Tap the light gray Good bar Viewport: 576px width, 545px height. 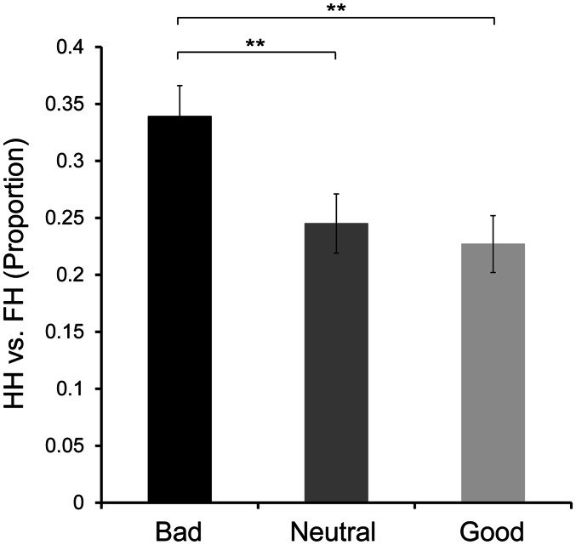pyautogui.click(x=493, y=373)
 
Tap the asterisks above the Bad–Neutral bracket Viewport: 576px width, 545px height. pyautogui.click(x=257, y=43)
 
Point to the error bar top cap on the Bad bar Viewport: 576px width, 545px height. pyautogui.click(x=180, y=86)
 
